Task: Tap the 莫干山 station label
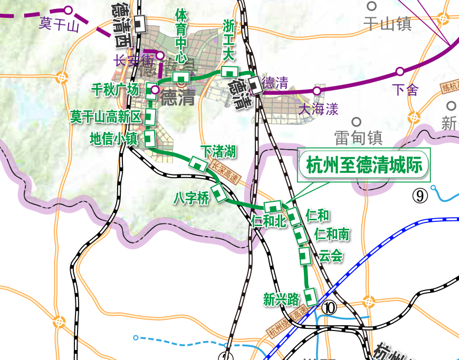(59, 24)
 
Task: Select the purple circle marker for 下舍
(400, 71)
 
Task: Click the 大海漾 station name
(318, 109)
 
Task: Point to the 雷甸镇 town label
(358, 138)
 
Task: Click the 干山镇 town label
(387, 23)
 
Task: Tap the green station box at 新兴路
(311, 296)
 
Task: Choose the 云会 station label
(331, 256)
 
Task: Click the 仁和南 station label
(331, 233)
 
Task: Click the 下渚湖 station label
(218, 152)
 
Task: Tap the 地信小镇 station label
(113, 139)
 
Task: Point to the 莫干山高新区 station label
(106, 116)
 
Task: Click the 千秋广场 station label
(116, 90)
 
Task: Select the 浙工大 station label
(229, 40)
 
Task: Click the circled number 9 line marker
(420, 196)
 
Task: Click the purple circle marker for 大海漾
(317, 91)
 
